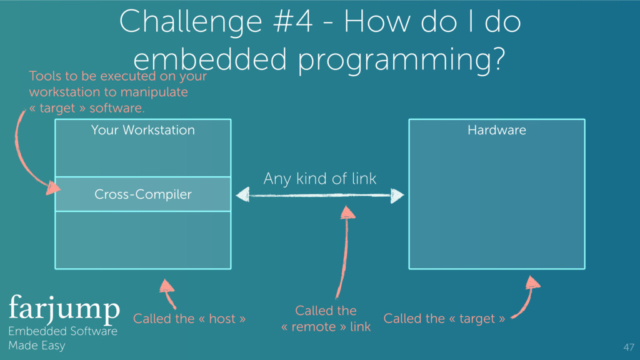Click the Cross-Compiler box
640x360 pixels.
[x=142, y=194]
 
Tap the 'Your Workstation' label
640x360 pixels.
[x=142, y=130]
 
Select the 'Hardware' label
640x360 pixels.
[x=496, y=130]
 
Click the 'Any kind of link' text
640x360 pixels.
[x=319, y=179]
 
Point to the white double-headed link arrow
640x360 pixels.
[x=319, y=196]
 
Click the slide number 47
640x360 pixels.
[x=628, y=347]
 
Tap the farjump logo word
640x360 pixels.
[x=64, y=307]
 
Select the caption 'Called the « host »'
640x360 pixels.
[x=189, y=319]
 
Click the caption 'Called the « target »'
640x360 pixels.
[x=444, y=319]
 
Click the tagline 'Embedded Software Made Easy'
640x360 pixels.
[x=62, y=338]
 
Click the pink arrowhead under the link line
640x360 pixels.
[x=348, y=212]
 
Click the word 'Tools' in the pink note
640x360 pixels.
[x=45, y=76]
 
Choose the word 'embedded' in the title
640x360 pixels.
[x=209, y=60]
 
